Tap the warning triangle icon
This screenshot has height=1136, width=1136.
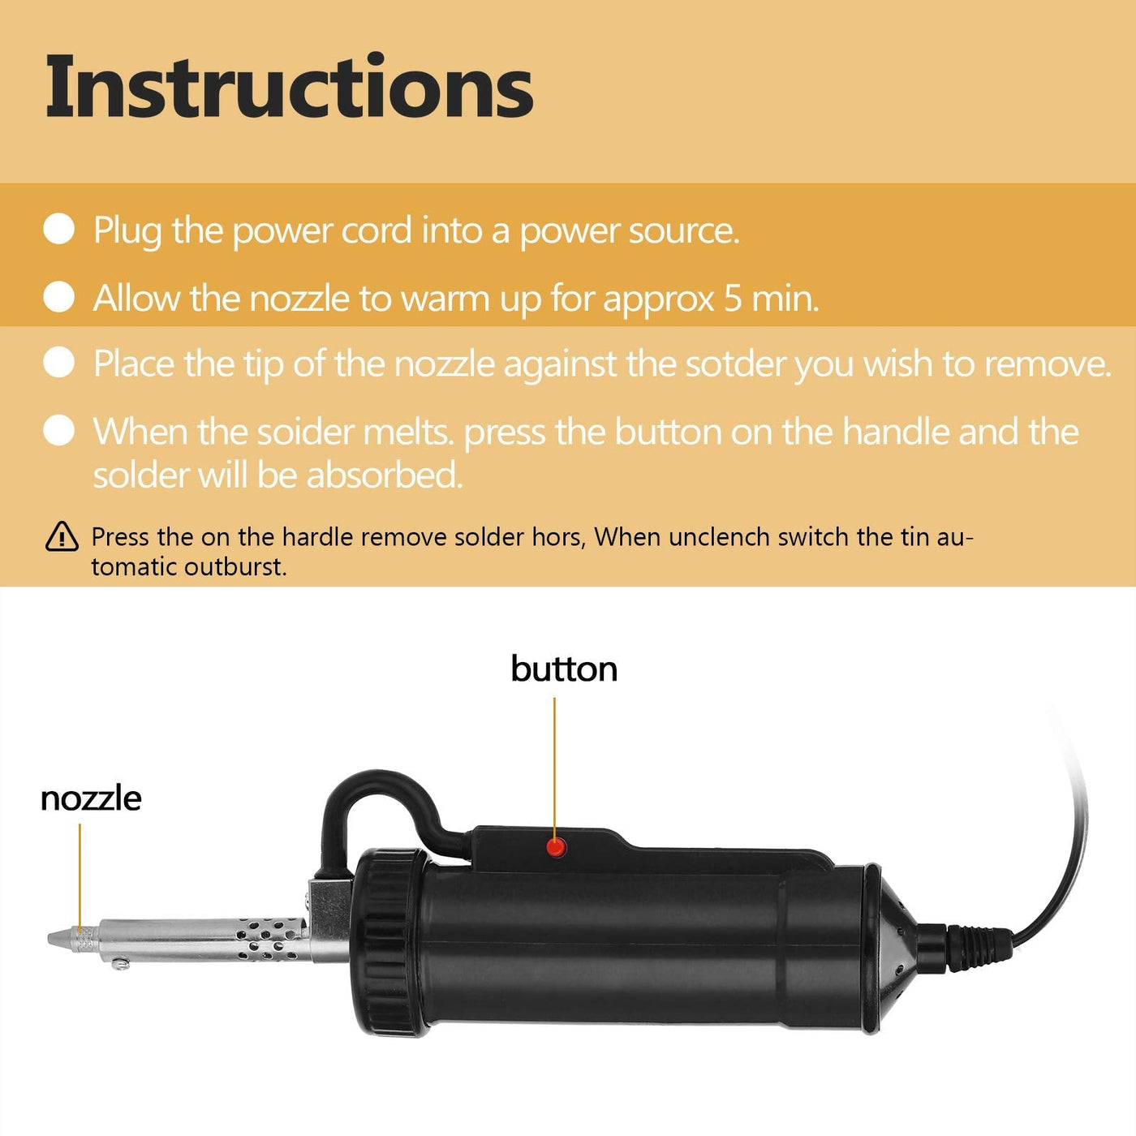[62, 536]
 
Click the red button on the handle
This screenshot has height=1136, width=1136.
[556, 848]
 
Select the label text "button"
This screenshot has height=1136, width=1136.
[564, 669]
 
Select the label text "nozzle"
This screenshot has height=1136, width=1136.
[91, 798]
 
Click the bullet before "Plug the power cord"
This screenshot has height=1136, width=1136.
[59, 229]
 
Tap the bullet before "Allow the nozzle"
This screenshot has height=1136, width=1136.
[59, 296]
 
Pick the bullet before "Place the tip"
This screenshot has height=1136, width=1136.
[59, 362]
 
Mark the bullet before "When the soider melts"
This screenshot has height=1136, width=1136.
[59, 430]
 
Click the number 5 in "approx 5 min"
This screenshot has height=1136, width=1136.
[733, 299]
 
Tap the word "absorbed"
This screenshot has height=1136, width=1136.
[385, 475]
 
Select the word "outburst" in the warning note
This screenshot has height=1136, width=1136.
[235, 567]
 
